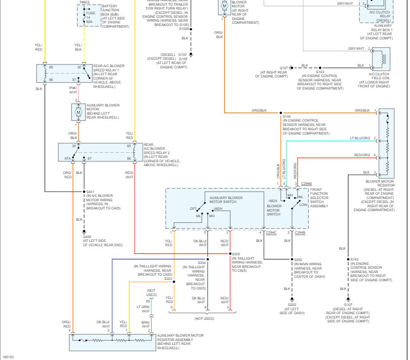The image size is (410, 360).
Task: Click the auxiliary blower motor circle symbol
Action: click(x=78, y=112)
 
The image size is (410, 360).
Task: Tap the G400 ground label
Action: click(x=87, y=237)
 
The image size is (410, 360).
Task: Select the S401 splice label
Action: click(x=90, y=191)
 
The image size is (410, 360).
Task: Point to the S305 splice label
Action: click(x=236, y=254)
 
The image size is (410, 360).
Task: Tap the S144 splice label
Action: click(x=287, y=116)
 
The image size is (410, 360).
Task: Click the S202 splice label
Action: click(x=298, y=260)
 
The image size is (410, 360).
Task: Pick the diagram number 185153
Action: click(x=8, y=357)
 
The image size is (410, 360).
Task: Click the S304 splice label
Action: click(x=202, y=263)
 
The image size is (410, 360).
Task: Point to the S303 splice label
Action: click(x=168, y=279)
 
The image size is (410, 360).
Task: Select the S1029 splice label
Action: click(x=184, y=29)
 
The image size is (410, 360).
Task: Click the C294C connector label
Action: click(x=271, y=232)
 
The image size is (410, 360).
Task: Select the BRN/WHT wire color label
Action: click(x=145, y=324)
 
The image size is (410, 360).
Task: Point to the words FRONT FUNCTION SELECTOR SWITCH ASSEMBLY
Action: click(x=319, y=198)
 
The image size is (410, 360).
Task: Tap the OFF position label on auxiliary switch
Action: click(x=193, y=209)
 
